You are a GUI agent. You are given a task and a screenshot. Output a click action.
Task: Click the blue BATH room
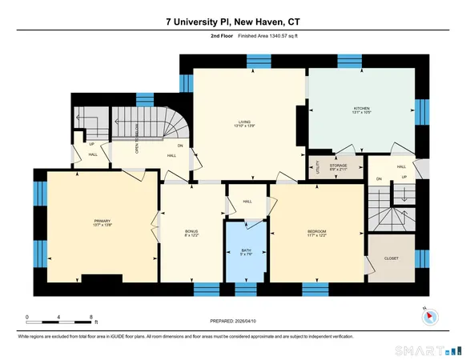pos(247,251)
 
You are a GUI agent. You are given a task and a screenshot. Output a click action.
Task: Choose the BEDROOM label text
pos(317,231)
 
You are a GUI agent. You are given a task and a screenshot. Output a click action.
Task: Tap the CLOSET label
pos(392,258)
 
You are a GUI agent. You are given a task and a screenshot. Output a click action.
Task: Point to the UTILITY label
pos(318,169)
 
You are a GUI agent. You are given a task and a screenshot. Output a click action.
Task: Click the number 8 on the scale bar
pos(94,317)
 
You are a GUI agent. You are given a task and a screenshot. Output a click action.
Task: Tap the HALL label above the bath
pos(247,201)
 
